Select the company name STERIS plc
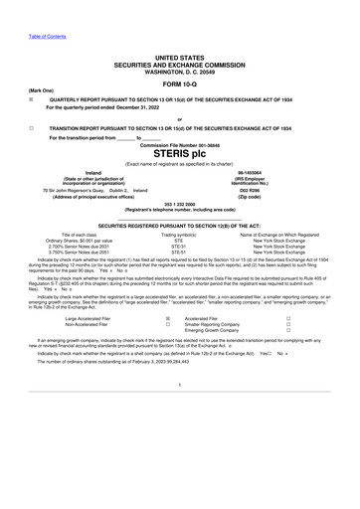point(179,154)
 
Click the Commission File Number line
point(179,145)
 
